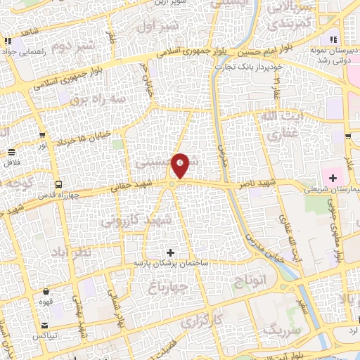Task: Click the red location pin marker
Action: tap(181, 165)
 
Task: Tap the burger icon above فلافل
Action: tap(12, 152)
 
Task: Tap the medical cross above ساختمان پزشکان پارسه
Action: tap(169, 252)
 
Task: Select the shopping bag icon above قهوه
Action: tap(46, 291)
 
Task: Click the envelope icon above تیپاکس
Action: tap(45, 326)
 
